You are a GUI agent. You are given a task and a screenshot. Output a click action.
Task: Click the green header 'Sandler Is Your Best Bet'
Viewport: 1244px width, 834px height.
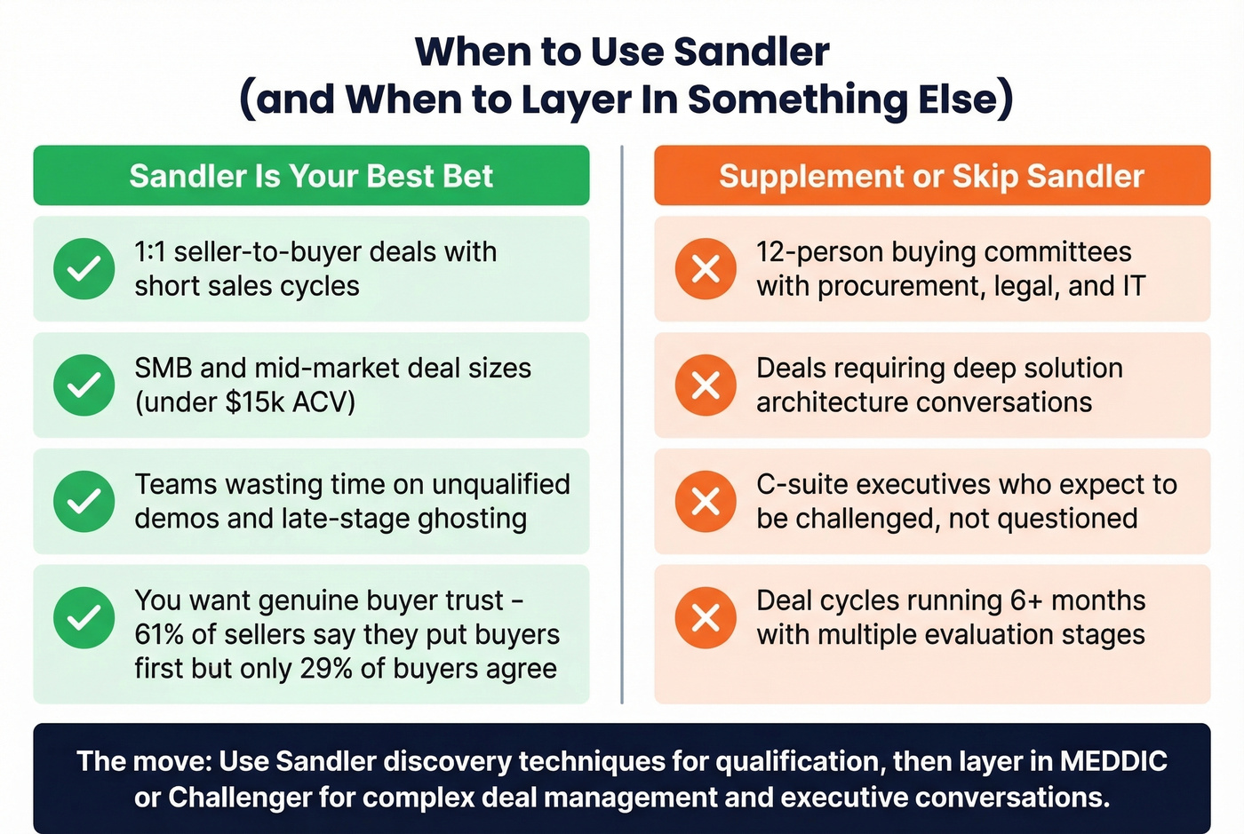click(x=311, y=176)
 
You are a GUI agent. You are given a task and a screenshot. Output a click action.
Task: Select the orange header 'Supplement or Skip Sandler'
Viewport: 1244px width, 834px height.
click(x=931, y=176)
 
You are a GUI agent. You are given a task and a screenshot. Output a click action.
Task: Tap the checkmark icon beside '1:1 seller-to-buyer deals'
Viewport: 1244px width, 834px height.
click(x=84, y=268)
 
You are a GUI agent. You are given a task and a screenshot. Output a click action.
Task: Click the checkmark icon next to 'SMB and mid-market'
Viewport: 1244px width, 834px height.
click(x=84, y=385)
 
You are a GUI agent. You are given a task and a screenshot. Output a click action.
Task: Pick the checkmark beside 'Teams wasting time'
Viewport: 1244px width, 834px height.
click(x=84, y=501)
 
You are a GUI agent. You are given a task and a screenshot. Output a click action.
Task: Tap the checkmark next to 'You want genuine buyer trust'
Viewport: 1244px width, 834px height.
click(x=84, y=617)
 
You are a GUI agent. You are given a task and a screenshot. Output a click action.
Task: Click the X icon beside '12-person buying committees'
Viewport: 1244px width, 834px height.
click(x=706, y=268)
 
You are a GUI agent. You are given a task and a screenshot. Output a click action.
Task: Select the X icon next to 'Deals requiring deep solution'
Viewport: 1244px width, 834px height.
click(x=706, y=385)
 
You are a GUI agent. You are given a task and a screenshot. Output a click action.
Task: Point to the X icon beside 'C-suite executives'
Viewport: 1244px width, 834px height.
click(x=706, y=501)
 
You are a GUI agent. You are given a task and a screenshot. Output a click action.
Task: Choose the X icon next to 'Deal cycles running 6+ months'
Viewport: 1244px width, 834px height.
click(x=706, y=617)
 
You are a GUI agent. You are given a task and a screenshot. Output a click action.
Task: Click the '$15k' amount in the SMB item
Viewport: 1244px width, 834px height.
click(x=256, y=402)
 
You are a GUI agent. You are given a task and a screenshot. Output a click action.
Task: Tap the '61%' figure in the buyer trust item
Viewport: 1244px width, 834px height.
click(x=155, y=635)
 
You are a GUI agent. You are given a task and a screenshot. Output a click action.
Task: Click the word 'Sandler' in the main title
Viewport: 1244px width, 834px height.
click(x=752, y=52)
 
